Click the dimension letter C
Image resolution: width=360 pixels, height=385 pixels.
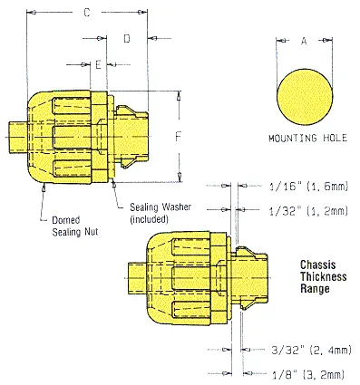[x=86, y=14]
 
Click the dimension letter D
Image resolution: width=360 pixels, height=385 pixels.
[x=127, y=39]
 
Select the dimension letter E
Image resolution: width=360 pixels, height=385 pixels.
[x=97, y=65]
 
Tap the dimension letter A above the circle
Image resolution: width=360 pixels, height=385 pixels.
[x=304, y=40]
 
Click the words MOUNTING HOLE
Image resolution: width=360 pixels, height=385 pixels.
[x=304, y=140]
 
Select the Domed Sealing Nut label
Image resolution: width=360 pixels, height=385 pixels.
[x=68, y=226]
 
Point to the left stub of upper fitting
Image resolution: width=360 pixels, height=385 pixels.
[x=19, y=135]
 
